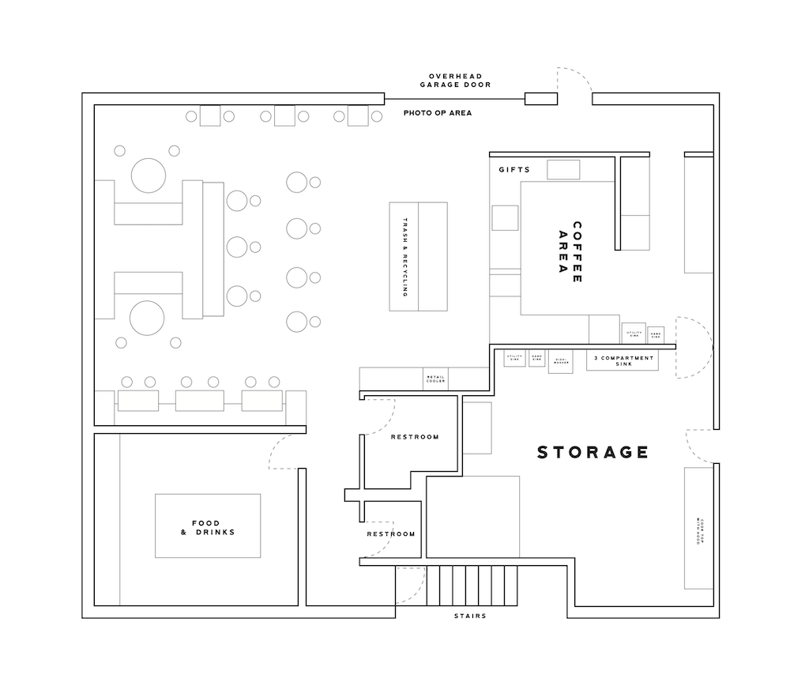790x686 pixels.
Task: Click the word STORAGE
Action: click(592, 453)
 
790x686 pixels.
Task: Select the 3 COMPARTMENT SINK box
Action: click(621, 361)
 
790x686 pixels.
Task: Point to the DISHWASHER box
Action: click(559, 363)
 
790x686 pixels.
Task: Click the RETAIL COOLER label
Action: click(435, 379)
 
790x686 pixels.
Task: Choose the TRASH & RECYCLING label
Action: click(405, 257)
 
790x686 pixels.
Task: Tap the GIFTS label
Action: click(514, 170)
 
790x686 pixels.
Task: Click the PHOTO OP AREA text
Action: click(438, 113)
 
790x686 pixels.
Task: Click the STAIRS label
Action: click(470, 616)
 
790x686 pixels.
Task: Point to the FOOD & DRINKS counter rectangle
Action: click(208, 526)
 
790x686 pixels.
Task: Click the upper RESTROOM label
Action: click(415, 437)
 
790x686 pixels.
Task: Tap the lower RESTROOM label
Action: click(391, 534)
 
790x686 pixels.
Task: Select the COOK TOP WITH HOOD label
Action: click(698, 527)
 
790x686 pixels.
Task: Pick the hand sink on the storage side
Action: click(537, 359)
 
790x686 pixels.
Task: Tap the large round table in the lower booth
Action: click(148, 318)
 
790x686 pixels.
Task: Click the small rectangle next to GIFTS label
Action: click(563, 169)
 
